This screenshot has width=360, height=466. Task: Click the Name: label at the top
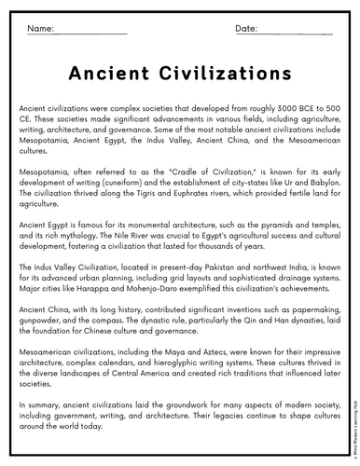pyautogui.click(x=39, y=30)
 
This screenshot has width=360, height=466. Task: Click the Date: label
pyautogui.click(x=246, y=30)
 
